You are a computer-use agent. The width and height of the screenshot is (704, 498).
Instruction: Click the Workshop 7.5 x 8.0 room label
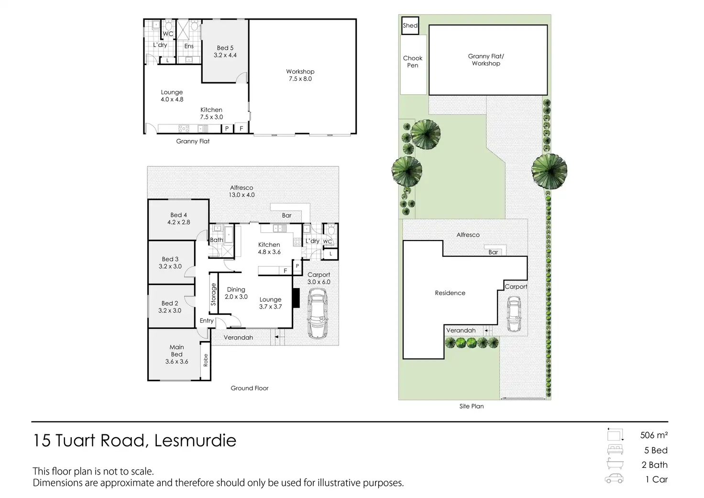[300, 75]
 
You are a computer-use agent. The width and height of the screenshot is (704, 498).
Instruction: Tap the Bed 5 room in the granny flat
[225, 52]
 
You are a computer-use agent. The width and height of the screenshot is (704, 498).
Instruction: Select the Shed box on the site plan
[410, 26]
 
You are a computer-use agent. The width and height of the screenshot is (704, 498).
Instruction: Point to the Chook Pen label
[413, 62]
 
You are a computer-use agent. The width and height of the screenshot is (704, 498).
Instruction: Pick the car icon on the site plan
[514, 314]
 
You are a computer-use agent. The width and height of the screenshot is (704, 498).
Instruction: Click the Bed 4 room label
[178, 219]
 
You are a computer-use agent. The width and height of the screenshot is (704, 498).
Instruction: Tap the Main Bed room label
[176, 354]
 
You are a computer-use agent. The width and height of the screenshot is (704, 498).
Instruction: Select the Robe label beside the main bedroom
[206, 360]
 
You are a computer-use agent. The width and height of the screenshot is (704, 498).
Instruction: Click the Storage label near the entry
[213, 294]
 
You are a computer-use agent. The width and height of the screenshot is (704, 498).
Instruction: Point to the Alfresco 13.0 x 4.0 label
[242, 191]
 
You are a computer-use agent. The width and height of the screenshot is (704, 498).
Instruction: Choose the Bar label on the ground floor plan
[286, 215]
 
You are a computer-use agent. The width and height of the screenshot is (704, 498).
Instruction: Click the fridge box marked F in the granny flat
[242, 128]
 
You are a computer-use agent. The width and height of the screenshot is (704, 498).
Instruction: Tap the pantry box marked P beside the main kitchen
[297, 266]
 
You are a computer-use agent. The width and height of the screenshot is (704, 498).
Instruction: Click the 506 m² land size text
[654, 435]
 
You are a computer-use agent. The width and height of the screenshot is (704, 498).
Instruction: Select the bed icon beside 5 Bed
[615, 450]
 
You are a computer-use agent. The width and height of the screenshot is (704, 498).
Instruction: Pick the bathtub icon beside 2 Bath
[615, 464]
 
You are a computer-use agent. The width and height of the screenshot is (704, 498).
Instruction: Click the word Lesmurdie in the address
[195, 441]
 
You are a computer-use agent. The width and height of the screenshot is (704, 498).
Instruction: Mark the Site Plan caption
[472, 406]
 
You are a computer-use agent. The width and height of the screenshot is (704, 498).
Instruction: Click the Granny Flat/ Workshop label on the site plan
[486, 60]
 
